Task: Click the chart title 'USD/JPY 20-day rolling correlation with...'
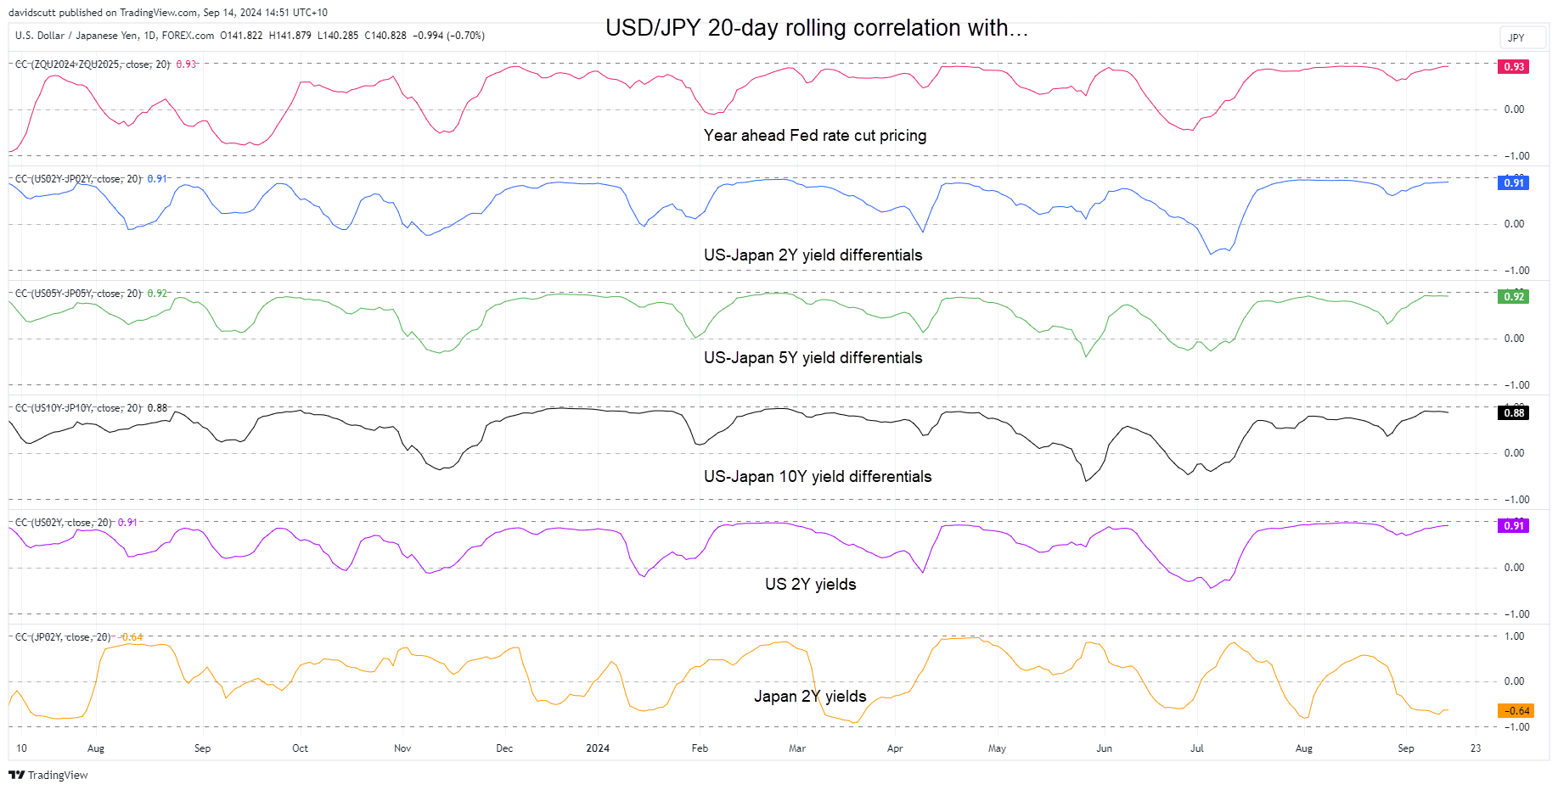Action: pyautogui.click(x=816, y=28)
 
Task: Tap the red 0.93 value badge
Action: pyautogui.click(x=1514, y=66)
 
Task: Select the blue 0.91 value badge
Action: pyautogui.click(x=1514, y=182)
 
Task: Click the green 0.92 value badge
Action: pyautogui.click(x=1514, y=296)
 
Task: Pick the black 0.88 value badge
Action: pyautogui.click(x=1514, y=413)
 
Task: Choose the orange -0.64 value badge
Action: pyautogui.click(x=1516, y=711)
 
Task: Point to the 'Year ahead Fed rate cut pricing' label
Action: pyautogui.click(x=814, y=136)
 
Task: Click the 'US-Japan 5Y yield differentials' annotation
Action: pyautogui.click(x=813, y=358)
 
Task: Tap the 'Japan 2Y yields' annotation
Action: pyautogui.click(x=810, y=697)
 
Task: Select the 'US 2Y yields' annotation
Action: pyautogui.click(x=810, y=585)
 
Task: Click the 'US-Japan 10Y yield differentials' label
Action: pyautogui.click(x=817, y=477)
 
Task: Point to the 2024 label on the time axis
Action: pyautogui.click(x=598, y=748)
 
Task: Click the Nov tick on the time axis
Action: pyautogui.click(x=402, y=748)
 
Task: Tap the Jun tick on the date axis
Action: pyautogui.click(x=1104, y=748)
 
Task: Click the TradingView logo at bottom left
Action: pyautogui.click(x=48, y=775)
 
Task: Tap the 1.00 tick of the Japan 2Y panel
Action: pyautogui.click(x=1514, y=636)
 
